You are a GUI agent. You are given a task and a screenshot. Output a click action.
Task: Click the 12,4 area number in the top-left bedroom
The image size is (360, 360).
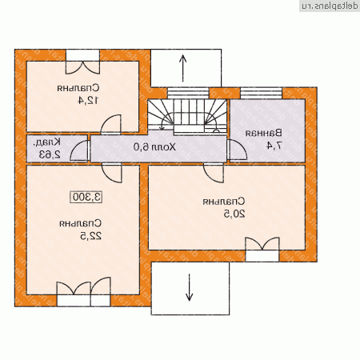82,101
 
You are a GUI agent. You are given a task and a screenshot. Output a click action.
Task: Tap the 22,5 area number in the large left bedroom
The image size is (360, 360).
82,237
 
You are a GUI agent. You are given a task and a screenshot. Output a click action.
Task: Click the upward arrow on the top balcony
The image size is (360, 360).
184,67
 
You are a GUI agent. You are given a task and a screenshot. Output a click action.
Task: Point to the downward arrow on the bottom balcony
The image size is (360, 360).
190,286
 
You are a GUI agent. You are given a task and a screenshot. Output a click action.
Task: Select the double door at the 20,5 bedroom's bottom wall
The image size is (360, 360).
262,245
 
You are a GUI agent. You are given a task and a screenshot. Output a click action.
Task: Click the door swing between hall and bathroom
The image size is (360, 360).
234,150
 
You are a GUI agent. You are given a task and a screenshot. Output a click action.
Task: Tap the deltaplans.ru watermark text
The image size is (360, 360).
327,6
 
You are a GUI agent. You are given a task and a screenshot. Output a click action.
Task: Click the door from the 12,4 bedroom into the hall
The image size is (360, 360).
111,124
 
